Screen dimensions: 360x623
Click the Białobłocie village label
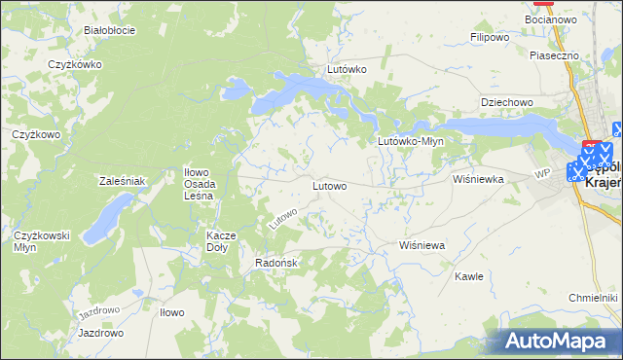click(108, 30)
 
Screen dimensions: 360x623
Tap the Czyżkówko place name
click(76, 65)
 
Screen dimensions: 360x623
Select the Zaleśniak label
click(123, 181)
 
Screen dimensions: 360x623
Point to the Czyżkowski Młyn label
click(39, 241)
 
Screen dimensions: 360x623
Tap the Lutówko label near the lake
click(346, 70)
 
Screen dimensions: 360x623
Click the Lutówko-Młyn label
click(410, 141)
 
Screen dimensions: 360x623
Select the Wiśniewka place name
click(477, 179)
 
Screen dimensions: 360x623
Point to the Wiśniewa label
click(421, 246)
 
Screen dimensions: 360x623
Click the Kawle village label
click(469, 276)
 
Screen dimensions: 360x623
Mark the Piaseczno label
click(554, 56)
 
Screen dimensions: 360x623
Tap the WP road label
click(542, 173)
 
